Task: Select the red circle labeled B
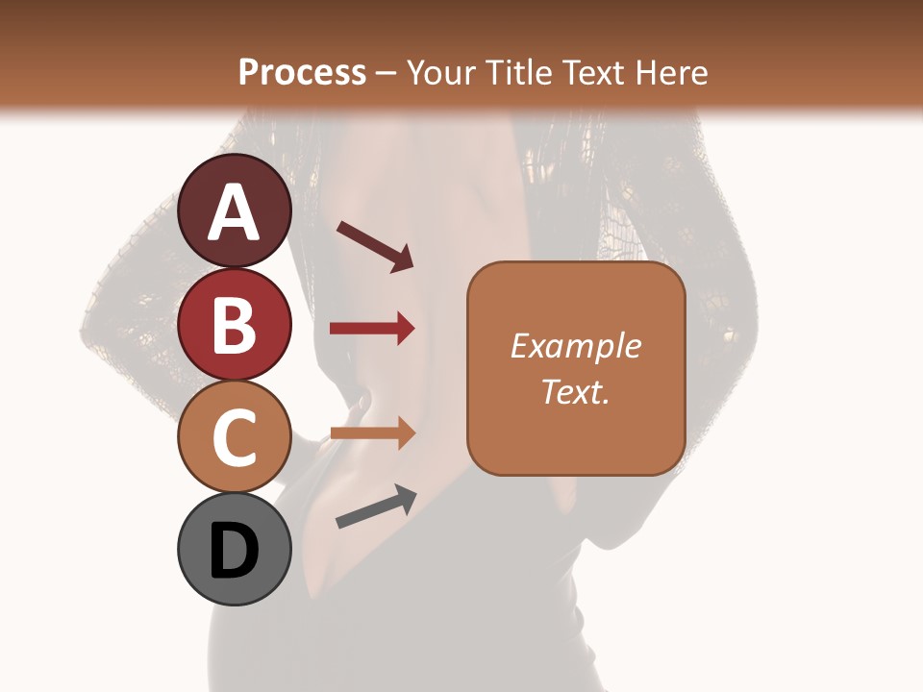pyautogui.click(x=235, y=325)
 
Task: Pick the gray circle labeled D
pyautogui.click(x=235, y=550)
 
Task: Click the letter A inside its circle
pyautogui.click(x=235, y=213)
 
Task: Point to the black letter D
pyautogui.click(x=235, y=552)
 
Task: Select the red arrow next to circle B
pyautogui.click(x=372, y=329)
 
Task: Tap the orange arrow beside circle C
pyautogui.click(x=372, y=434)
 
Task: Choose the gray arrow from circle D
pyautogui.click(x=376, y=506)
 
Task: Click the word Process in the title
pyautogui.click(x=302, y=72)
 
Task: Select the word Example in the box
pyautogui.click(x=576, y=346)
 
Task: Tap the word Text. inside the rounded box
pyautogui.click(x=576, y=391)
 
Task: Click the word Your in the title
pyautogui.click(x=438, y=72)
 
